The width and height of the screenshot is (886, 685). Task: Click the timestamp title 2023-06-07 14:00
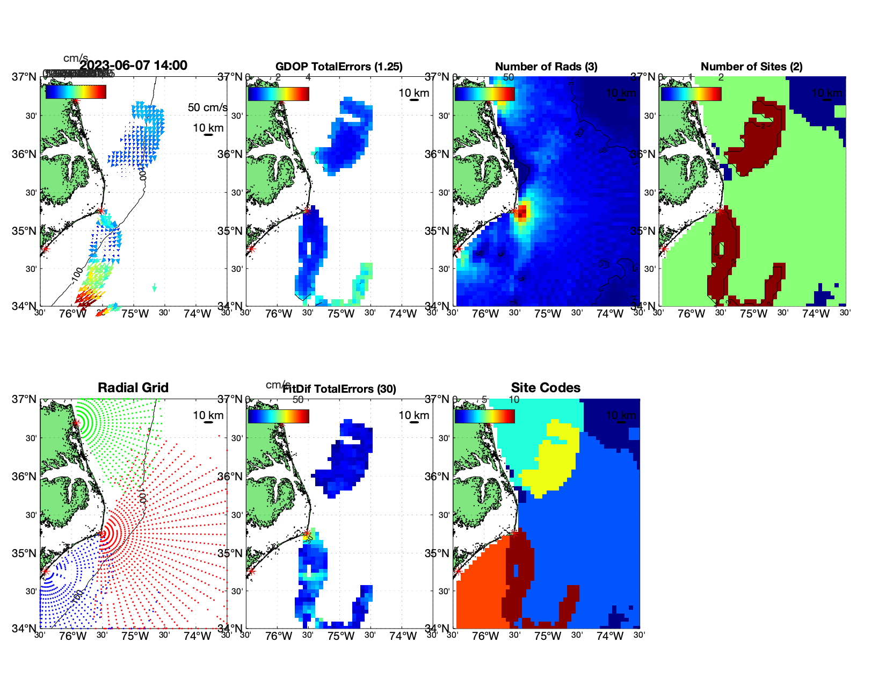coord(134,66)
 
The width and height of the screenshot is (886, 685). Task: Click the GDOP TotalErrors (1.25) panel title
coord(339,67)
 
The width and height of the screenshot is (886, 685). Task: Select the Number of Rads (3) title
coord(546,67)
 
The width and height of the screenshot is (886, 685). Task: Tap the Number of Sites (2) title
coord(751,67)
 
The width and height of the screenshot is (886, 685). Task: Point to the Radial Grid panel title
coord(133,388)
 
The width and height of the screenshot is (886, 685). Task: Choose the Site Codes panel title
coord(546,388)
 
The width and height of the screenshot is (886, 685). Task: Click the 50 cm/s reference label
coord(207,107)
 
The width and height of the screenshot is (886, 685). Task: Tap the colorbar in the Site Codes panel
coord(484,416)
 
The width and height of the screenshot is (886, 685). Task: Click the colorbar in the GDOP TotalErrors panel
coord(278,94)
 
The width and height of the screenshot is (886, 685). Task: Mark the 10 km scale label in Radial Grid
coord(208,415)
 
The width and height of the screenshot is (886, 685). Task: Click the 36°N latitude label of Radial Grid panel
coord(24,477)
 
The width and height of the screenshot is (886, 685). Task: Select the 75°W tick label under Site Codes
coord(547,636)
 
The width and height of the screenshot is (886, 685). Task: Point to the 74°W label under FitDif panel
coord(403,636)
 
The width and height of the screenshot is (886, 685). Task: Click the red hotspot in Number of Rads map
coord(522,211)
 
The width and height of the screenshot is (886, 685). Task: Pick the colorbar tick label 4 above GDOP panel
coord(308,77)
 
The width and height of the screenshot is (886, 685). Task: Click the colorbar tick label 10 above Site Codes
coord(514,400)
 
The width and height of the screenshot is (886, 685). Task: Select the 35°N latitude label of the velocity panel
coord(24,231)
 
